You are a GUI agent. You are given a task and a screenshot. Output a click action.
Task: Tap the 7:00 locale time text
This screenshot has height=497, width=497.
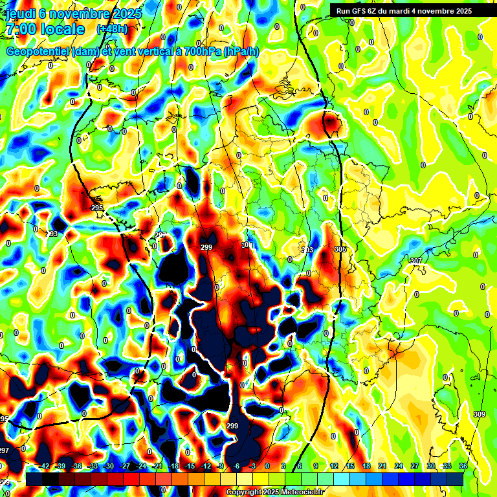[45, 30]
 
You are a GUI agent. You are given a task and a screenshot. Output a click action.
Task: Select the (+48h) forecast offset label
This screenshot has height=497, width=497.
[112, 29]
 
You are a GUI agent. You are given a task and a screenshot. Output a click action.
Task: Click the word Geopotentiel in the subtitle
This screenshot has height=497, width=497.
[37, 52]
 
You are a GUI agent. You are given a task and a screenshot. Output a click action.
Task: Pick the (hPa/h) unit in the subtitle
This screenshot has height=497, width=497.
[241, 52]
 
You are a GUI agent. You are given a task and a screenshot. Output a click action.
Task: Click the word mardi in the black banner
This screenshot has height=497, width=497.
[403, 11]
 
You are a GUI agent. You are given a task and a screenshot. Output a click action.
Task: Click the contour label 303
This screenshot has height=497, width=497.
[307, 249]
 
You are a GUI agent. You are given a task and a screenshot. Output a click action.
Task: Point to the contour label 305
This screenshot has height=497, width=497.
[340, 249]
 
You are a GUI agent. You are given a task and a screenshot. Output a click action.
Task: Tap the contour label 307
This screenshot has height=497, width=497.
[416, 261]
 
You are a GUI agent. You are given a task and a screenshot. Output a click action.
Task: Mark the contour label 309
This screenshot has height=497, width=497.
[480, 414]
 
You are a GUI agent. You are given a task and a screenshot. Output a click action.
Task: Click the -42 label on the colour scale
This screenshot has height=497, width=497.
[45, 466]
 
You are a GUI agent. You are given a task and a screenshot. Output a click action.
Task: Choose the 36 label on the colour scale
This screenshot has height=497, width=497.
[463, 466]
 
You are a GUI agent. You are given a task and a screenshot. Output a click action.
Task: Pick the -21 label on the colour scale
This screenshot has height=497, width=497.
[157, 466]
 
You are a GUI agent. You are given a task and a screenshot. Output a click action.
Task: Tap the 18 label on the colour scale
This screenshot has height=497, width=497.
[366, 466]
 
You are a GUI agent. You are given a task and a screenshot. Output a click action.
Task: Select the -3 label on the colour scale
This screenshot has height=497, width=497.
[253, 466]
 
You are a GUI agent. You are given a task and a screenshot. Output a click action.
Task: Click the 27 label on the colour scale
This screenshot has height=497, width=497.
[415, 466]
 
